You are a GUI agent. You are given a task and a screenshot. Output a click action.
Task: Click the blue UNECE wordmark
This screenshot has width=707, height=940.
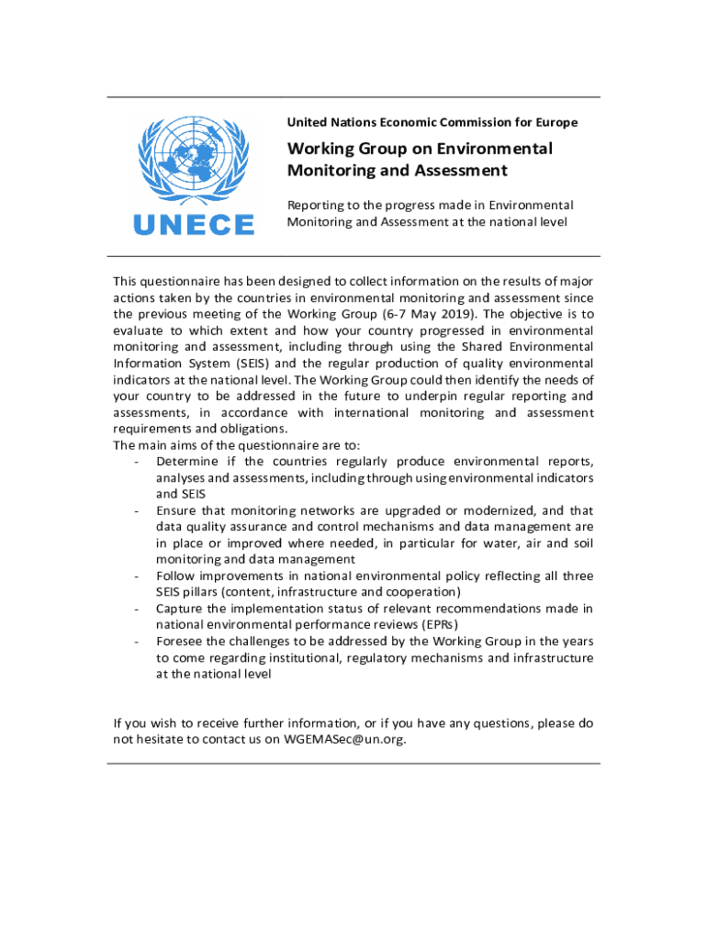(194, 225)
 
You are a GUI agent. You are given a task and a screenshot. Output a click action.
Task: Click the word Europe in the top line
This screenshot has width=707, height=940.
(554, 122)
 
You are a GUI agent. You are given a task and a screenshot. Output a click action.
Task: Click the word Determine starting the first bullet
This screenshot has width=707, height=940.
(188, 461)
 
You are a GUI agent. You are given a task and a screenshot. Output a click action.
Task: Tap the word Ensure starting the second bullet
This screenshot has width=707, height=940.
(176, 510)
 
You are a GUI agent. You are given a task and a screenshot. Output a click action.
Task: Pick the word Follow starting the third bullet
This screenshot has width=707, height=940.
(175, 576)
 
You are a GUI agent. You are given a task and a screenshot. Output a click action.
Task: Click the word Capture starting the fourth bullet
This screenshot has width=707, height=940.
(180, 608)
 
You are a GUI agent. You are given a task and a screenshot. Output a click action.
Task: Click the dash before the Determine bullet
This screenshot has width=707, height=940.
(136, 461)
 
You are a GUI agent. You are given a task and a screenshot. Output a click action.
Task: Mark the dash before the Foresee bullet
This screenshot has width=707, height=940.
(136, 641)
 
